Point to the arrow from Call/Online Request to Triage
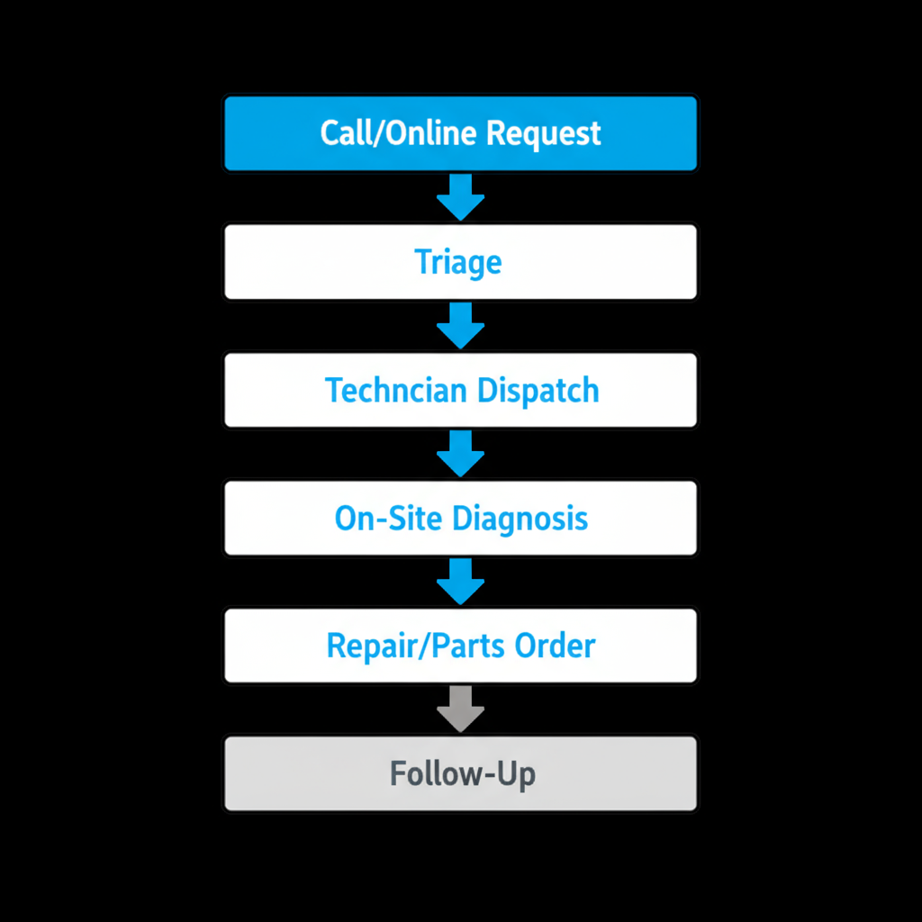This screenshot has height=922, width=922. (460, 197)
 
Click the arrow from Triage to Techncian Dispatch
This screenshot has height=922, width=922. (460, 325)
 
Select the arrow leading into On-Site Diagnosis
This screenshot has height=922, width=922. (460, 453)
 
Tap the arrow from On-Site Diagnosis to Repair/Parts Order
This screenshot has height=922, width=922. (460, 581)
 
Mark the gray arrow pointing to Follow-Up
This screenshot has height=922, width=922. (460, 709)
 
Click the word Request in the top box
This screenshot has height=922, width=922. (543, 134)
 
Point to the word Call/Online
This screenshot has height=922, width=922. (399, 133)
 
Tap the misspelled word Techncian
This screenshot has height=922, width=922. (396, 391)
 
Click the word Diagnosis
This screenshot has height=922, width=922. (520, 519)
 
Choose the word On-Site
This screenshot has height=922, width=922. (389, 519)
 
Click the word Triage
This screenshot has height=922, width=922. (458, 263)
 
